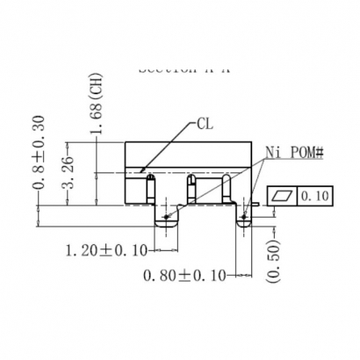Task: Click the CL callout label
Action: [x=205, y=124]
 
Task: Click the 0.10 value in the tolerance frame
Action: [x=314, y=195]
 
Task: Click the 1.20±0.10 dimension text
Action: [x=107, y=251]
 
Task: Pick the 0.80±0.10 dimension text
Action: [x=184, y=275]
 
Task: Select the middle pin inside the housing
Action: [x=192, y=188]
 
